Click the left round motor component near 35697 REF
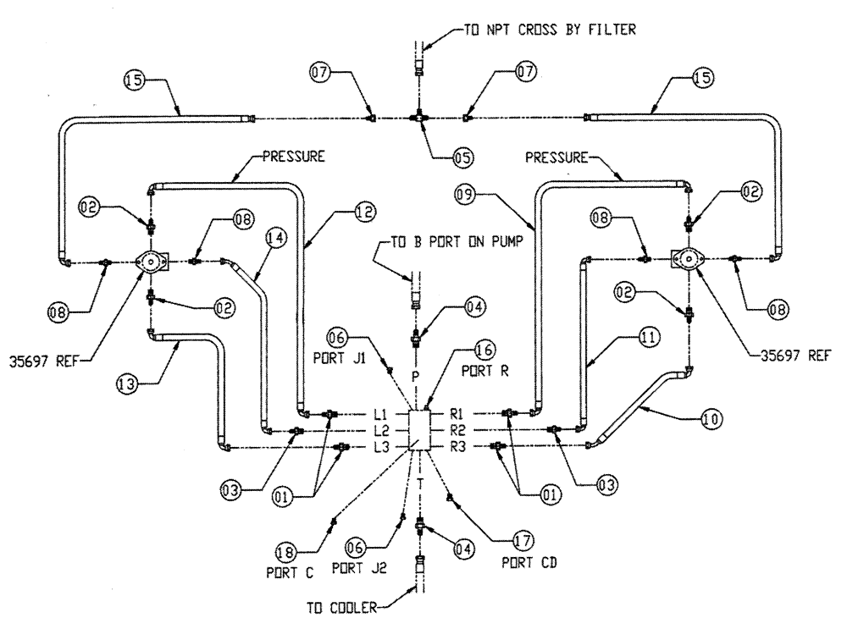click(151, 262)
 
